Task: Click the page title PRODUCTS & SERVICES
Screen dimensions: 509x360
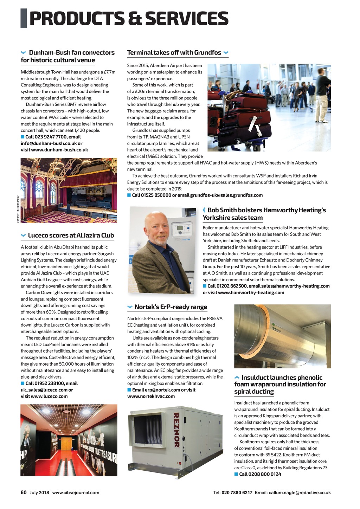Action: pos(129,19)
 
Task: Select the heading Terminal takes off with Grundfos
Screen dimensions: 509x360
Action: pos(174,53)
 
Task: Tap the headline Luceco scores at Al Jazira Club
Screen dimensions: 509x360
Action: pos(71,236)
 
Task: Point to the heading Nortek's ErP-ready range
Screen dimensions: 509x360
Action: pos(171,307)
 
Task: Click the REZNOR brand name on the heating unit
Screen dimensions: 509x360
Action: pos(176,430)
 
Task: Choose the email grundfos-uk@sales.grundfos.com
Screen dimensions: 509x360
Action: pos(226,195)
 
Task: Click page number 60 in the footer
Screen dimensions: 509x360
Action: pos(24,492)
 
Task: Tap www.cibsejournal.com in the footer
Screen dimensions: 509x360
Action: pos(76,492)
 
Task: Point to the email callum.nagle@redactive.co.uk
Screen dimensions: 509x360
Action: pos(300,492)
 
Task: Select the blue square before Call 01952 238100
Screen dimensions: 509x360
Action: pos(22,383)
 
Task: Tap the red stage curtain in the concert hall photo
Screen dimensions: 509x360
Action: pos(88,186)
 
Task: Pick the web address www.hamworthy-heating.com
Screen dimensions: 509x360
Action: pos(251,292)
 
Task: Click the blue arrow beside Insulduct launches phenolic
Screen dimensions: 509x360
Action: pos(237,378)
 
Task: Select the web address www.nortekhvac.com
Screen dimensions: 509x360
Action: pos(151,396)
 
